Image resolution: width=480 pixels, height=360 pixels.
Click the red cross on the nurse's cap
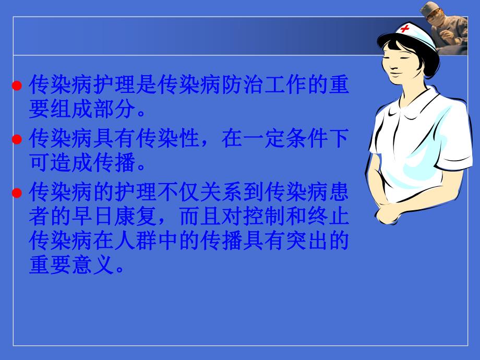coord(404,28)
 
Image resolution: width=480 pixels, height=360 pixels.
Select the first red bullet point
coord(17,86)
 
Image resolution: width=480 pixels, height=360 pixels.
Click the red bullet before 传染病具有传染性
coord(17,140)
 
